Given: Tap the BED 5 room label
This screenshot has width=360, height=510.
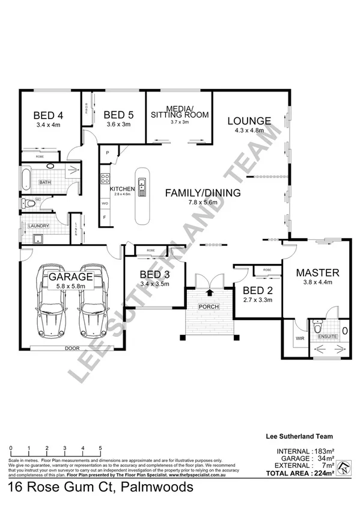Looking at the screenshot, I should (x=118, y=115).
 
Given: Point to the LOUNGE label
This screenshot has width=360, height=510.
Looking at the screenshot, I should (x=249, y=120).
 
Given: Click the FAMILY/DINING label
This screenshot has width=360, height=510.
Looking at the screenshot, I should (x=203, y=193).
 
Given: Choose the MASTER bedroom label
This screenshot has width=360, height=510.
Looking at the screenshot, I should (x=318, y=272).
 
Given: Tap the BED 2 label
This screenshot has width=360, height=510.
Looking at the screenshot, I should (x=258, y=290).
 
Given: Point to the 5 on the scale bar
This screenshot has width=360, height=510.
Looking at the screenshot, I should (x=100, y=448).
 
